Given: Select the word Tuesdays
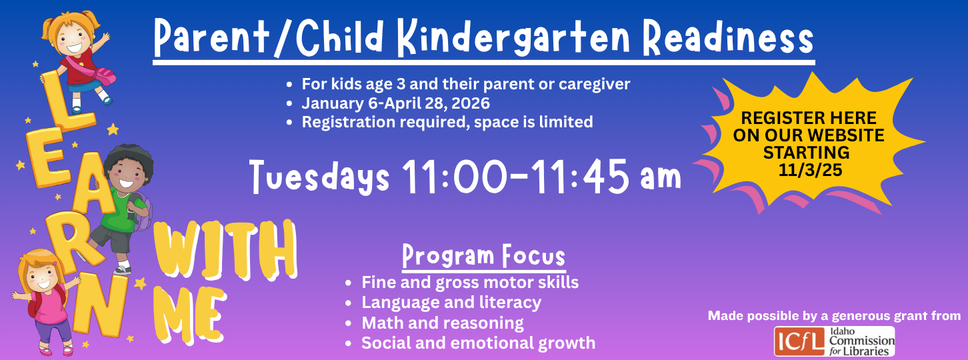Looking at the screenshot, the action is (x=319, y=177).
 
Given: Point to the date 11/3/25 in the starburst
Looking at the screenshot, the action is (x=810, y=170).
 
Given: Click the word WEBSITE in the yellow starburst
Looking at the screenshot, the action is (x=845, y=135).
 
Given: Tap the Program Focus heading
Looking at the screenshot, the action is (x=483, y=256).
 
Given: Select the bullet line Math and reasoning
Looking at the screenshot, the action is (x=443, y=323).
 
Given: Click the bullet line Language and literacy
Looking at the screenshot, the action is (x=451, y=303).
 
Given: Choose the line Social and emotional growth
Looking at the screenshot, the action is (x=479, y=343).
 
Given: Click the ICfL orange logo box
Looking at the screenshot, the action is (x=799, y=341).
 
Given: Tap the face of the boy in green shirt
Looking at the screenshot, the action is (x=126, y=175).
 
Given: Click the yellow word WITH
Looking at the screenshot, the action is (x=225, y=250).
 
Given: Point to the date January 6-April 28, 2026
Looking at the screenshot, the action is (x=395, y=103).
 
